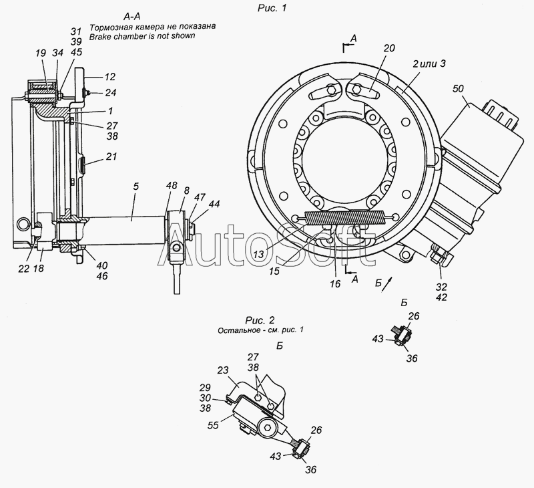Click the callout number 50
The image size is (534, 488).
pyautogui.click(x=458, y=89)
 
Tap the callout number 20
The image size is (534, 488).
pyautogui.click(x=389, y=48)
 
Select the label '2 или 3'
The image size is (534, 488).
pyautogui.click(x=429, y=64)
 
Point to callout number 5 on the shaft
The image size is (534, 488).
pyautogui.click(x=136, y=187)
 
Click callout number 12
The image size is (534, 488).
pyautogui.click(x=109, y=77)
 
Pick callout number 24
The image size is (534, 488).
pyautogui.click(x=110, y=92)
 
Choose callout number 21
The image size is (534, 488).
pyautogui.click(x=111, y=156)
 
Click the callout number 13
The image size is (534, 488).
pyautogui.click(x=258, y=254)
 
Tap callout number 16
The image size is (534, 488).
pyautogui.click(x=335, y=283)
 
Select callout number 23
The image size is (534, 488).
pyautogui.click(x=222, y=370)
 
